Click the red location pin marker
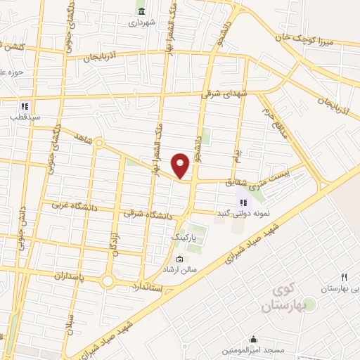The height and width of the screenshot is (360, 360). [181, 165]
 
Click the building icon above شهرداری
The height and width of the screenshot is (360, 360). [142, 11]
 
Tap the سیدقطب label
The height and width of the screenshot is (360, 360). [25, 117]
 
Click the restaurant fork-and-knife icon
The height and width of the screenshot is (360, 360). [344, 278]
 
